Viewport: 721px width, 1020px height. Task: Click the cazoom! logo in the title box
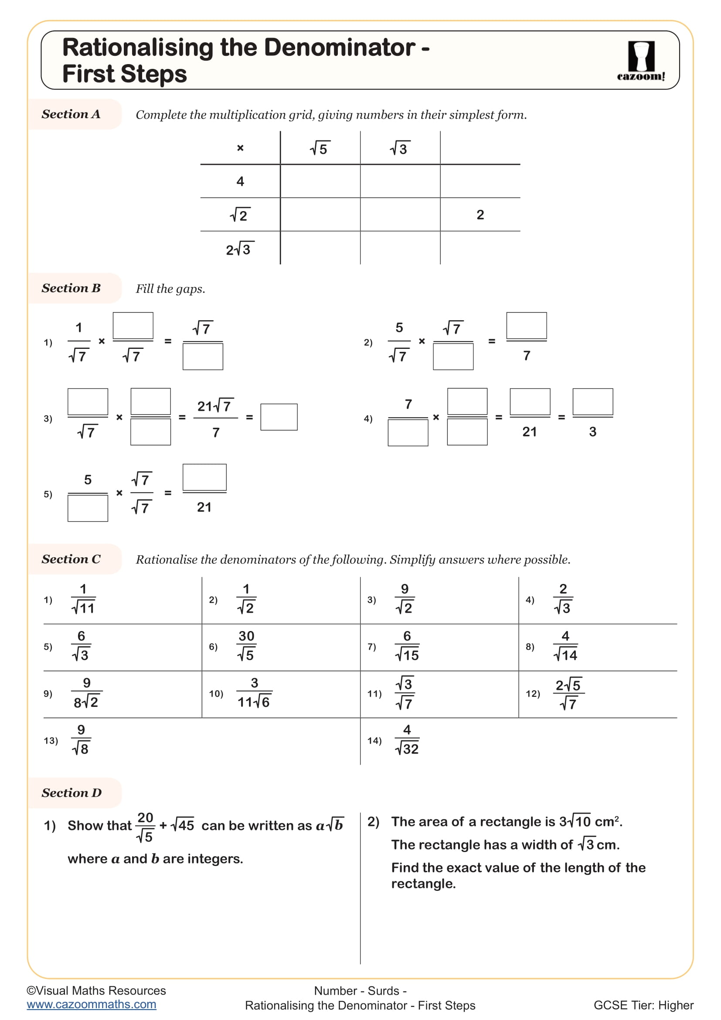[x=641, y=61]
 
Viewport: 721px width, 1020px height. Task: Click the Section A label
[x=71, y=114]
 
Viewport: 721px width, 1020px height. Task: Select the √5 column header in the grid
[x=319, y=148]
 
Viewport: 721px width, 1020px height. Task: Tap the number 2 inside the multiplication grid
[x=480, y=215]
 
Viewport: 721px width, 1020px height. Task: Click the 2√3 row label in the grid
[x=239, y=249]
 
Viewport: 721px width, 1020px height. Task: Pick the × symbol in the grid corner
[x=240, y=148]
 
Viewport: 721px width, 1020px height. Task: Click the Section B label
[x=71, y=288]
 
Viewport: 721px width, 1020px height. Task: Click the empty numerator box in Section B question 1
[x=133, y=326]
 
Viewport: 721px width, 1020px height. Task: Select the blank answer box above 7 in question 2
[x=526, y=326]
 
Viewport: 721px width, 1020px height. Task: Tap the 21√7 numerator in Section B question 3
[x=215, y=406]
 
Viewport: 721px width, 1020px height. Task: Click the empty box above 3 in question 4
[x=592, y=402]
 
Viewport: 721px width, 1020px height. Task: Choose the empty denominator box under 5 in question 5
[x=88, y=508]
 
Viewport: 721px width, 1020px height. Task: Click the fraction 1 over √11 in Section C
[x=83, y=599]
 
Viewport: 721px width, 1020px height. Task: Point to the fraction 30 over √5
[x=246, y=646]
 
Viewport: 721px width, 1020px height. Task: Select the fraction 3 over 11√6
[x=254, y=693]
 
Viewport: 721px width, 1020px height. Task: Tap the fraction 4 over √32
[x=407, y=740]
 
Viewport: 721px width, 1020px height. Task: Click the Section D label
[x=71, y=793]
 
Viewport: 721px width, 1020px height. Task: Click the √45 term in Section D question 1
[x=183, y=826]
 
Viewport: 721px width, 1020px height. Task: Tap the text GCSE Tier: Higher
[x=643, y=1005]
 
